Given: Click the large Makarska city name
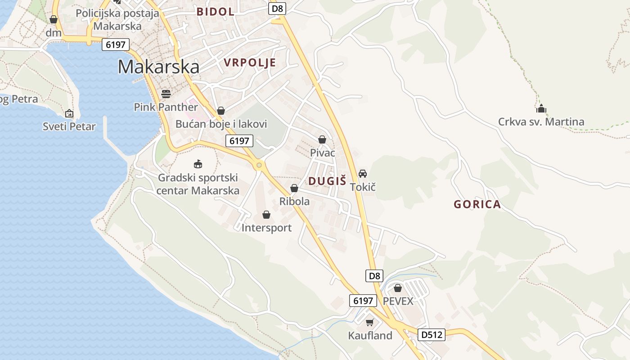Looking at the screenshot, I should tap(158, 67).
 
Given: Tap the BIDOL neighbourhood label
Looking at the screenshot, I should tap(216, 12).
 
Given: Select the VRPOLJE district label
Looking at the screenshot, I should tap(250, 63).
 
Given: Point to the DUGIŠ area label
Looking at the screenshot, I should tap(327, 181).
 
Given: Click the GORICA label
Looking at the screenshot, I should tap(477, 204).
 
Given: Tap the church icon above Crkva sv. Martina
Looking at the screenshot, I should tap(541, 108).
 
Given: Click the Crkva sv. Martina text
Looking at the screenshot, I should tap(541, 121).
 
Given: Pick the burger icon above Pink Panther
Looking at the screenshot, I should tap(166, 94).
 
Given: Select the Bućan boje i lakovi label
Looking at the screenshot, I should tap(221, 124).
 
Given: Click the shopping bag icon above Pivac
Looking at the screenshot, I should tap(322, 139).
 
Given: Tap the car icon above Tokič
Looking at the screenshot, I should tap(363, 173).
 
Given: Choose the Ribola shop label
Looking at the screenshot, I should tap(294, 201).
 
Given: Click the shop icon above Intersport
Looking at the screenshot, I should tap(266, 215).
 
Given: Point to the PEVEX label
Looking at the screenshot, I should tap(398, 301).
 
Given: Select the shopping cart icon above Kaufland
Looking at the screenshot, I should tap(370, 322).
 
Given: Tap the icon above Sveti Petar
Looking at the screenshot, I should tap(69, 113).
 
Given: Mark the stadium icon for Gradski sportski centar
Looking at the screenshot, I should tap(198, 164).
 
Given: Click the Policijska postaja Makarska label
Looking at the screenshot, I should tap(117, 19).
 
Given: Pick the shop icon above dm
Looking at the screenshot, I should tap(54, 20).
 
